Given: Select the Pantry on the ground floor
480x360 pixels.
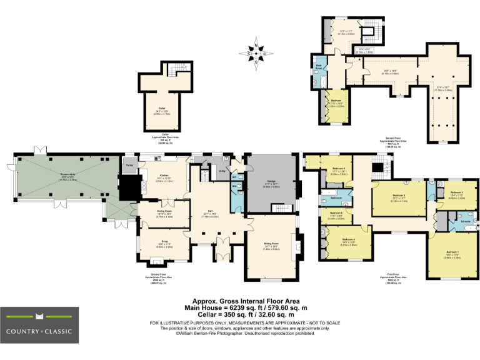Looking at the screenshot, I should (129, 165).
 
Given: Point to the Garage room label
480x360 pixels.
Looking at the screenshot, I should (271, 183).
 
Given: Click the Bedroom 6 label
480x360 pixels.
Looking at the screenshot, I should (336, 216).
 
